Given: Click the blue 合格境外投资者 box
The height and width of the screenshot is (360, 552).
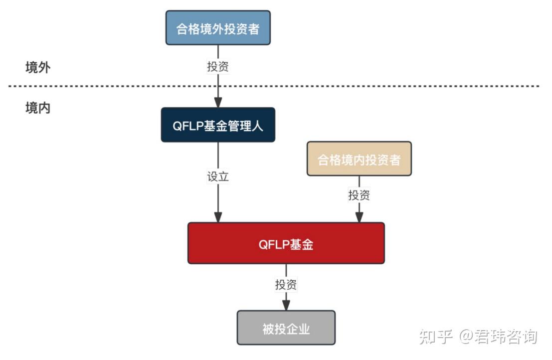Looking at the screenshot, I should click(218, 28).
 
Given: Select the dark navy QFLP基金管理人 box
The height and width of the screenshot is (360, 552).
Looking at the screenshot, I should click(218, 125).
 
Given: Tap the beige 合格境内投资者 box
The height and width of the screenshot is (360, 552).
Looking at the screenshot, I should click(359, 159).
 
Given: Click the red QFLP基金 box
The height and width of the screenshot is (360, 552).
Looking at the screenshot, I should click(286, 243).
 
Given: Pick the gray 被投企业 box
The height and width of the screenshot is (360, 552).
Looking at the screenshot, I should click(286, 328).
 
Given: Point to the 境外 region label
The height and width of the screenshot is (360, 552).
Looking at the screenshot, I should click(38, 68).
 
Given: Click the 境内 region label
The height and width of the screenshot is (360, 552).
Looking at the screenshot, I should click(38, 108).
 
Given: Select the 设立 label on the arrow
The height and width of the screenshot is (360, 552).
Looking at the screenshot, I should click(218, 177).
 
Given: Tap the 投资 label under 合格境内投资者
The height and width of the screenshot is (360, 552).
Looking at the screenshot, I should click(359, 195).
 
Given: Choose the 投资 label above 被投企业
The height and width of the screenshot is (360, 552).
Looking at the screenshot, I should click(286, 285).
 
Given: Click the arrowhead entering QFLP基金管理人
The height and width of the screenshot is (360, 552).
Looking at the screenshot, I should click(218, 102).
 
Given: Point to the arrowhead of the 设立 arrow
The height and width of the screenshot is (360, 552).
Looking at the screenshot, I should click(218, 217).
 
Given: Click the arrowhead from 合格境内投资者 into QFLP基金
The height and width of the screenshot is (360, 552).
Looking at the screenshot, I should click(359, 217).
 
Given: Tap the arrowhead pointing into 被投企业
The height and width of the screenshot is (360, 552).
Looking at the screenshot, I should click(286, 305).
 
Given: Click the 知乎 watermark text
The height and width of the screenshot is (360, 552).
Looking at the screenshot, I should click(436, 337).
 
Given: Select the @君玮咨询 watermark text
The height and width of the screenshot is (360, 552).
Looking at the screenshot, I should click(499, 337).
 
